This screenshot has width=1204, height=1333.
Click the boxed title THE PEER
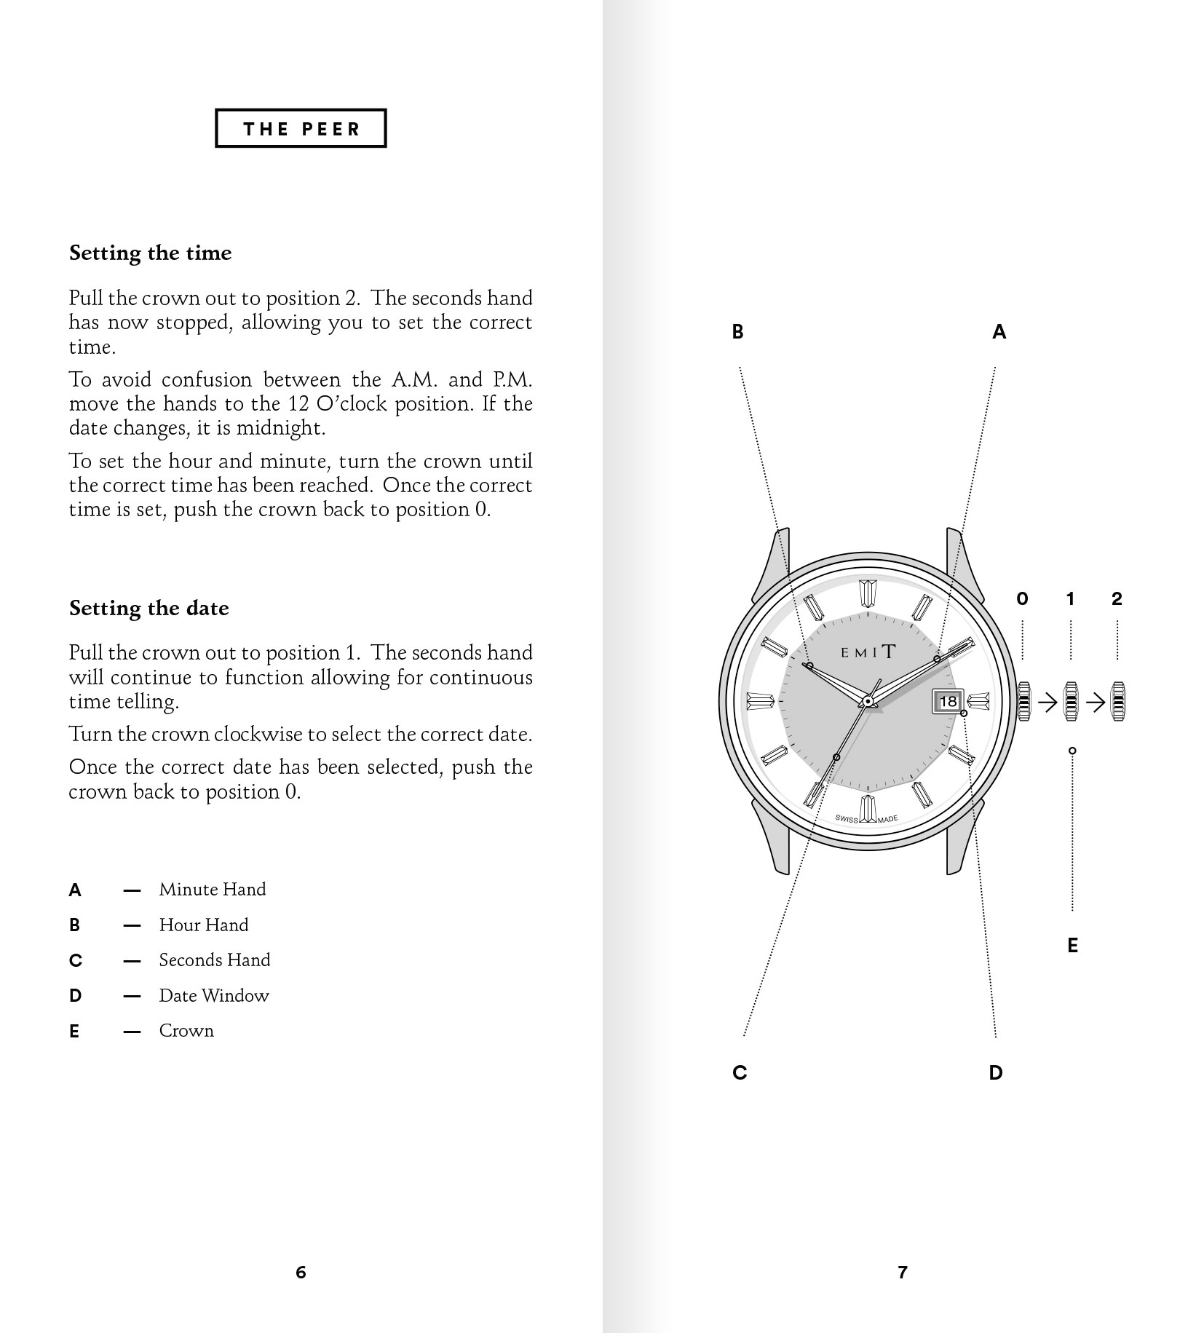(301, 129)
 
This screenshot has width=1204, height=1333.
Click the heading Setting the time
(150, 253)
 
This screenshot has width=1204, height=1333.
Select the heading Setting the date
(148, 609)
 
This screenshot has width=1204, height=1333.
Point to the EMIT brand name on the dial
(868, 652)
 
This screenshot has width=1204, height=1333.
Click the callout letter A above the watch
(999, 332)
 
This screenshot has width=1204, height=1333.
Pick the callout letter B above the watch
(737, 332)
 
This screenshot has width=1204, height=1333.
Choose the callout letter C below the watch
(740, 1072)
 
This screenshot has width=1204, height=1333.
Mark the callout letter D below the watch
(996, 1072)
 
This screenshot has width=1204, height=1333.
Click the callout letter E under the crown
(1072, 946)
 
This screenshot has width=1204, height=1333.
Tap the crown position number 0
(1022, 599)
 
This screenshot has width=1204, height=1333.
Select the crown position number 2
(1117, 599)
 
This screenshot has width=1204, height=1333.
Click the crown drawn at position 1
(1071, 702)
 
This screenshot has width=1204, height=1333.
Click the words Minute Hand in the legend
(213, 890)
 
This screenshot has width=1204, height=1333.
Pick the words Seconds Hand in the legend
(215, 960)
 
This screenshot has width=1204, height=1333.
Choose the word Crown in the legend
(186, 1031)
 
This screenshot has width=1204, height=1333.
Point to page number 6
(301, 1273)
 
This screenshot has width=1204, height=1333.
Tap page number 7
(903, 1273)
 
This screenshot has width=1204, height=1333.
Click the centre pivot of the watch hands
(868, 701)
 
